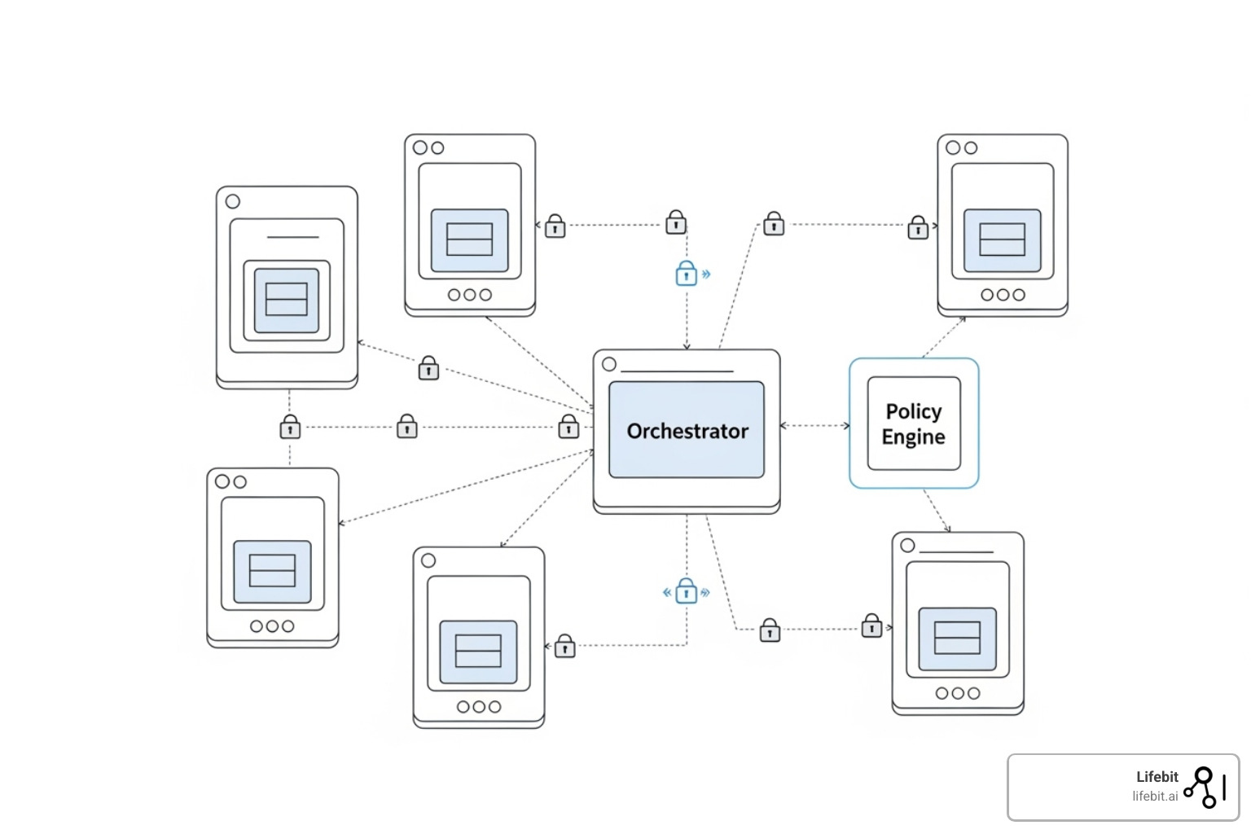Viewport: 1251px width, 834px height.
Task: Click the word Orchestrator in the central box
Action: [x=687, y=431]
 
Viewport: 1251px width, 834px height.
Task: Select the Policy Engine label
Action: [x=913, y=424]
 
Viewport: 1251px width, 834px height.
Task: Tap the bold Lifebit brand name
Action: [x=1157, y=777]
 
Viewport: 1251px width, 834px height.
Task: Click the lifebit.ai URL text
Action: [x=1154, y=797]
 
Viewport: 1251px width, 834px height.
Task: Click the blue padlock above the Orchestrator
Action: [x=687, y=274]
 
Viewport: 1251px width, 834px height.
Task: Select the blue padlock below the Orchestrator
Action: [x=687, y=591]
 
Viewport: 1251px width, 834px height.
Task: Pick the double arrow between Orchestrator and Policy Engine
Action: [x=814, y=425]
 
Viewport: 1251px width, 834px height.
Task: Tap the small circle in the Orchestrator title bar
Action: [x=609, y=364]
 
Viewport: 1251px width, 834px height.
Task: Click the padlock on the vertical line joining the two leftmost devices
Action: [x=290, y=427]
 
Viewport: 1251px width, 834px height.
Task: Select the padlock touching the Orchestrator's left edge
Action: [x=568, y=427]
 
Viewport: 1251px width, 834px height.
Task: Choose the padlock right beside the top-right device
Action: [x=918, y=227]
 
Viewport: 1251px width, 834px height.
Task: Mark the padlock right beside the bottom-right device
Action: [x=871, y=626]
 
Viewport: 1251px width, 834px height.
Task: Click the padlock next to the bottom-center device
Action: [x=564, y=646]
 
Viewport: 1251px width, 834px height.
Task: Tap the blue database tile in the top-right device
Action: [x=1002, y=240]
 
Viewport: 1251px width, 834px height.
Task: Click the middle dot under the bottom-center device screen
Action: [x=479, y=706]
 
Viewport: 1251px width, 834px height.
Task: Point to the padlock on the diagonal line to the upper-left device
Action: [x=428, y=369]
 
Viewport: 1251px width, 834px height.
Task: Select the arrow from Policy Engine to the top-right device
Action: [x=943, y=336]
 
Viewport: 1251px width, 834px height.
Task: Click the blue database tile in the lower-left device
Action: [x=272, y=571]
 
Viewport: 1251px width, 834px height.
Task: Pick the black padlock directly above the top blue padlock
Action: [x=675, y=222]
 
